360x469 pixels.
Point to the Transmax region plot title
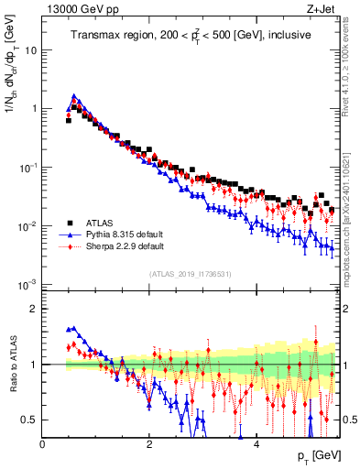click(191, 35)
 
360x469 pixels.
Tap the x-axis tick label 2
click(148, 443)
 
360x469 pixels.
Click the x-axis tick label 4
click(256, 443)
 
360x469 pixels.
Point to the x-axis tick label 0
click(42, 443)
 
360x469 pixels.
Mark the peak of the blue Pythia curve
click(74, 95)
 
